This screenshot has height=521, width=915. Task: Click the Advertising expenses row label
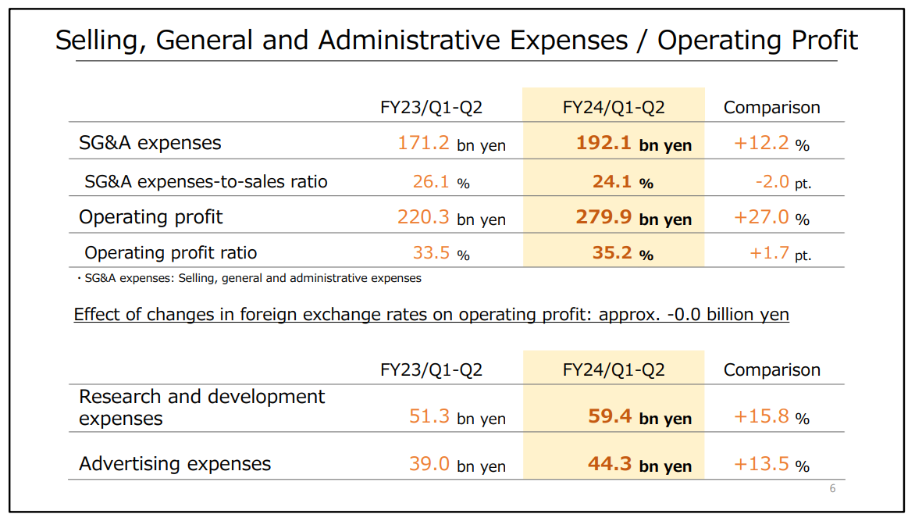pyautogui.click(x=175, y=464)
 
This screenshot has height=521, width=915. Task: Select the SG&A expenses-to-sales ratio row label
pyautogui.click(x=206, y=182)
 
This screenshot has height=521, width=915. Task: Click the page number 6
pyautogui.click(x=832, y=489)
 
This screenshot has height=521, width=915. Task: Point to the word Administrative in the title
pyautogui.click(x=473, y=41)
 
